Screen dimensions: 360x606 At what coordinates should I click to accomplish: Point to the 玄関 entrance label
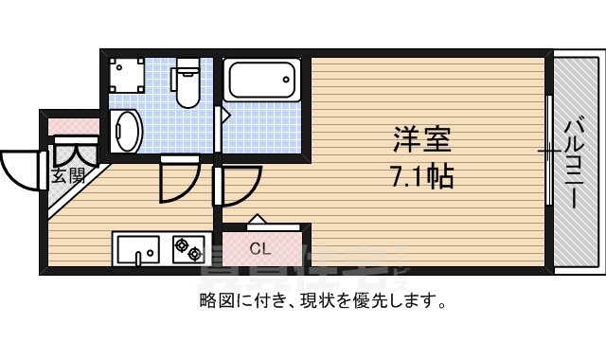pyautogui.click(x=68, y=176)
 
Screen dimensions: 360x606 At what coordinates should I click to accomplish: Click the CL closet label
pyautogui.click(x=261, y=250)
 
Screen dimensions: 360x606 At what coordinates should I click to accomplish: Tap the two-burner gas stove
pyautogui.click(x=187, y=250)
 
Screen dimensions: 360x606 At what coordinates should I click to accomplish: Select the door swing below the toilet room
pyautogui.click(x=178, y=180)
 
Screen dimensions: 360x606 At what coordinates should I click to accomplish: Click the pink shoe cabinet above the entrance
pyautogui.click(x=75, y=125)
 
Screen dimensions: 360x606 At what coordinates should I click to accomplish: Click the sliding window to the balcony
pyautogui.click(x=548, y=152)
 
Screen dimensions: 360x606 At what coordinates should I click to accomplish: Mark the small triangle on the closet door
pyautogui.click(x=258, y=219)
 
